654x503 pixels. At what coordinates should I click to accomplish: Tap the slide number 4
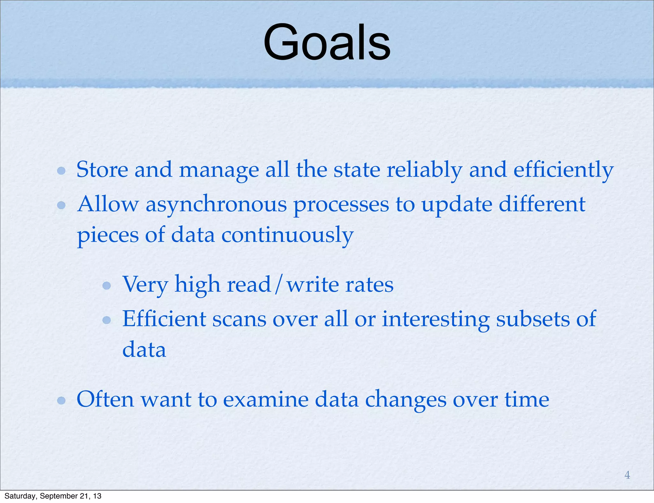click(627, 475)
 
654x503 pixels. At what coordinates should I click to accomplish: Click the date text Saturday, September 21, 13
click(53, 496)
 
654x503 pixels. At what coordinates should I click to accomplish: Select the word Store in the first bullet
click(102, 169)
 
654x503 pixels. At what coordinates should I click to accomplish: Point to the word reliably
click(424, 170)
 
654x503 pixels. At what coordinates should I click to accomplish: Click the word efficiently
click(563, 170)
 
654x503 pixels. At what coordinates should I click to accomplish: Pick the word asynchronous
click(216, 205)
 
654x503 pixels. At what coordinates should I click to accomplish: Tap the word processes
click(341, 205)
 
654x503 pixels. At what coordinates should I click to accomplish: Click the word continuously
click(287, 235)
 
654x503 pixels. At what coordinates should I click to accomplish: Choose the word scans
click(239, 319)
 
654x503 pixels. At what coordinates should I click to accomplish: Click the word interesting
click(436, 319)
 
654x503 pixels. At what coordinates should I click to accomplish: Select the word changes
click(406, 400)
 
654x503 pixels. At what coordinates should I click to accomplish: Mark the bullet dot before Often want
click(61, 400)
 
